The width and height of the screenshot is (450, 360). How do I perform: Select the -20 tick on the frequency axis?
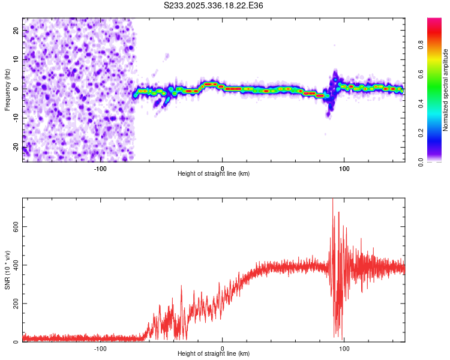[15, 147]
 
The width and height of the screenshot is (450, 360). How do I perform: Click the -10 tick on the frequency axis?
[15, 118]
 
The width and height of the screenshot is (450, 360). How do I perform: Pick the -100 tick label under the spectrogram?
[100, 169]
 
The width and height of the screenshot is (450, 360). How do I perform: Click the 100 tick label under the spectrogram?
[344, 169]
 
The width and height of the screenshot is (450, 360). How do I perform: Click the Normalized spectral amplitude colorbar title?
[446, 90]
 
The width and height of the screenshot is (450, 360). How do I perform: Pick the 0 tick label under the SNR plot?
[223, 349]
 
